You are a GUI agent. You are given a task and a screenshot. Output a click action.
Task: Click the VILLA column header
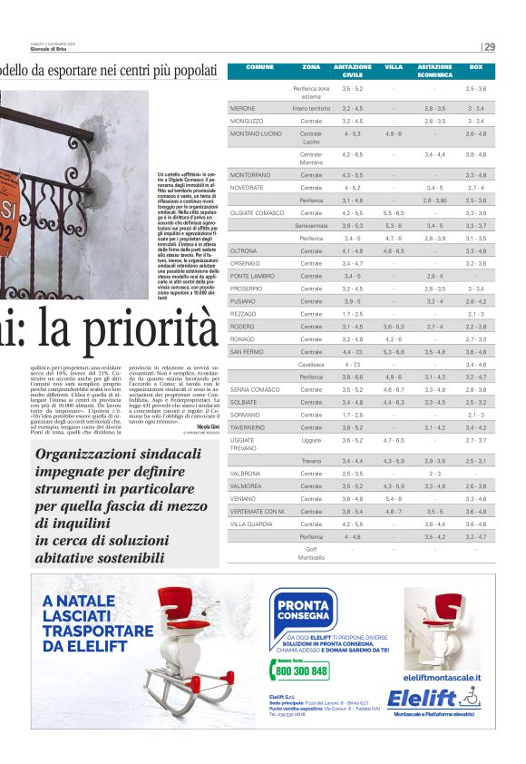pos(394,67)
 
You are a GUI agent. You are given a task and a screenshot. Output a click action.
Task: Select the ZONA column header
pos(311,67)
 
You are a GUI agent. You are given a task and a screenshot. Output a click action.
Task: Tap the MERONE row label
pos(242,108)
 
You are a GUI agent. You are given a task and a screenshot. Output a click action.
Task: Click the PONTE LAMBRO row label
pos(252,276)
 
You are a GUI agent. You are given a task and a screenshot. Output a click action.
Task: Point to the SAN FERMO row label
pos(247,351)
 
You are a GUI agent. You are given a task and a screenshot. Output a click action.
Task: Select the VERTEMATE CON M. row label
pos(258,511)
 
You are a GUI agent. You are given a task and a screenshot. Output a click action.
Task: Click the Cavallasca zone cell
pos(311,364)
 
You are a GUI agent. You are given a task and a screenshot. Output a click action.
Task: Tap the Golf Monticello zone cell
pos(311,553)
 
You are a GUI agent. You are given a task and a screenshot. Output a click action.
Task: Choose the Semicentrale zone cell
pos(311,225)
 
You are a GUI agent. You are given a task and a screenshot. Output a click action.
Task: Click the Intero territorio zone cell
pos(311,108)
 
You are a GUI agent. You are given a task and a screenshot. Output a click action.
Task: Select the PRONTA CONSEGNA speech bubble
pos(303,608)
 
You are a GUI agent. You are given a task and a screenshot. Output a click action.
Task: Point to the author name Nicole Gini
pos(208,426)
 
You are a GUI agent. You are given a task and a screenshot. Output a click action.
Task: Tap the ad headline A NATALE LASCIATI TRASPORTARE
pos(97,622)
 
